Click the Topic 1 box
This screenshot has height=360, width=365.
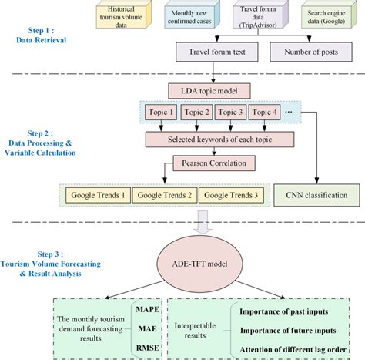[x=165, y=113]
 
